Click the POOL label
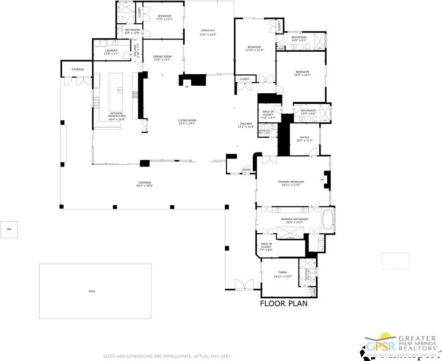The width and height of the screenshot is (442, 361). (92, 291)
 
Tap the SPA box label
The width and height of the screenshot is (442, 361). (9, 229)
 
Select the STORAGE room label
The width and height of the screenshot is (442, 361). (77, 69)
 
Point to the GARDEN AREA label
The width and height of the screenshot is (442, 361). (208, 33)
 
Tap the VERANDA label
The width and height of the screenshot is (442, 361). (145, 184)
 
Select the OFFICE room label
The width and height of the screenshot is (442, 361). (305, 138)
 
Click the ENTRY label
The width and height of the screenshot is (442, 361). (246, 169)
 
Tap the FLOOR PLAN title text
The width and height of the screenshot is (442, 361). (283, 303)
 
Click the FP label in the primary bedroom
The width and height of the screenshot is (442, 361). (322, 179)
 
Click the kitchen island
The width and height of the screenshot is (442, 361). (120, 90)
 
